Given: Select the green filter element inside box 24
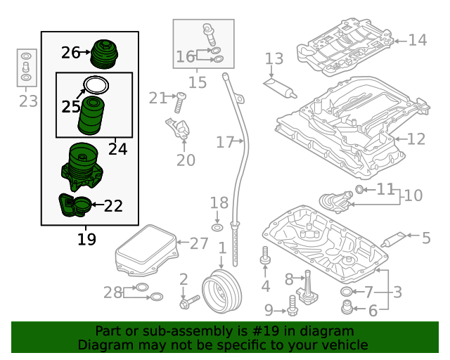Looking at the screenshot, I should (91, 115).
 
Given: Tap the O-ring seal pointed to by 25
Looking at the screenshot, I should (96, 86).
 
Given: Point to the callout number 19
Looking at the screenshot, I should (86, 240).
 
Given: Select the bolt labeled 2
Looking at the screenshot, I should (189, 304).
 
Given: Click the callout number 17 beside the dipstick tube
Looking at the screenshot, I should (224, 143).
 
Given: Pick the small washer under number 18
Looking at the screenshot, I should (218, 228).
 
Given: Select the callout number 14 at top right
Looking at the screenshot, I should (418, 40).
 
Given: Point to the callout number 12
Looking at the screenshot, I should (416, 139).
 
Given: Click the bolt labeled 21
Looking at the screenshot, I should (179, 103).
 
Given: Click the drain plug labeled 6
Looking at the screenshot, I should (347, 307).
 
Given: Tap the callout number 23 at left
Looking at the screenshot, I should (27, 102).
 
